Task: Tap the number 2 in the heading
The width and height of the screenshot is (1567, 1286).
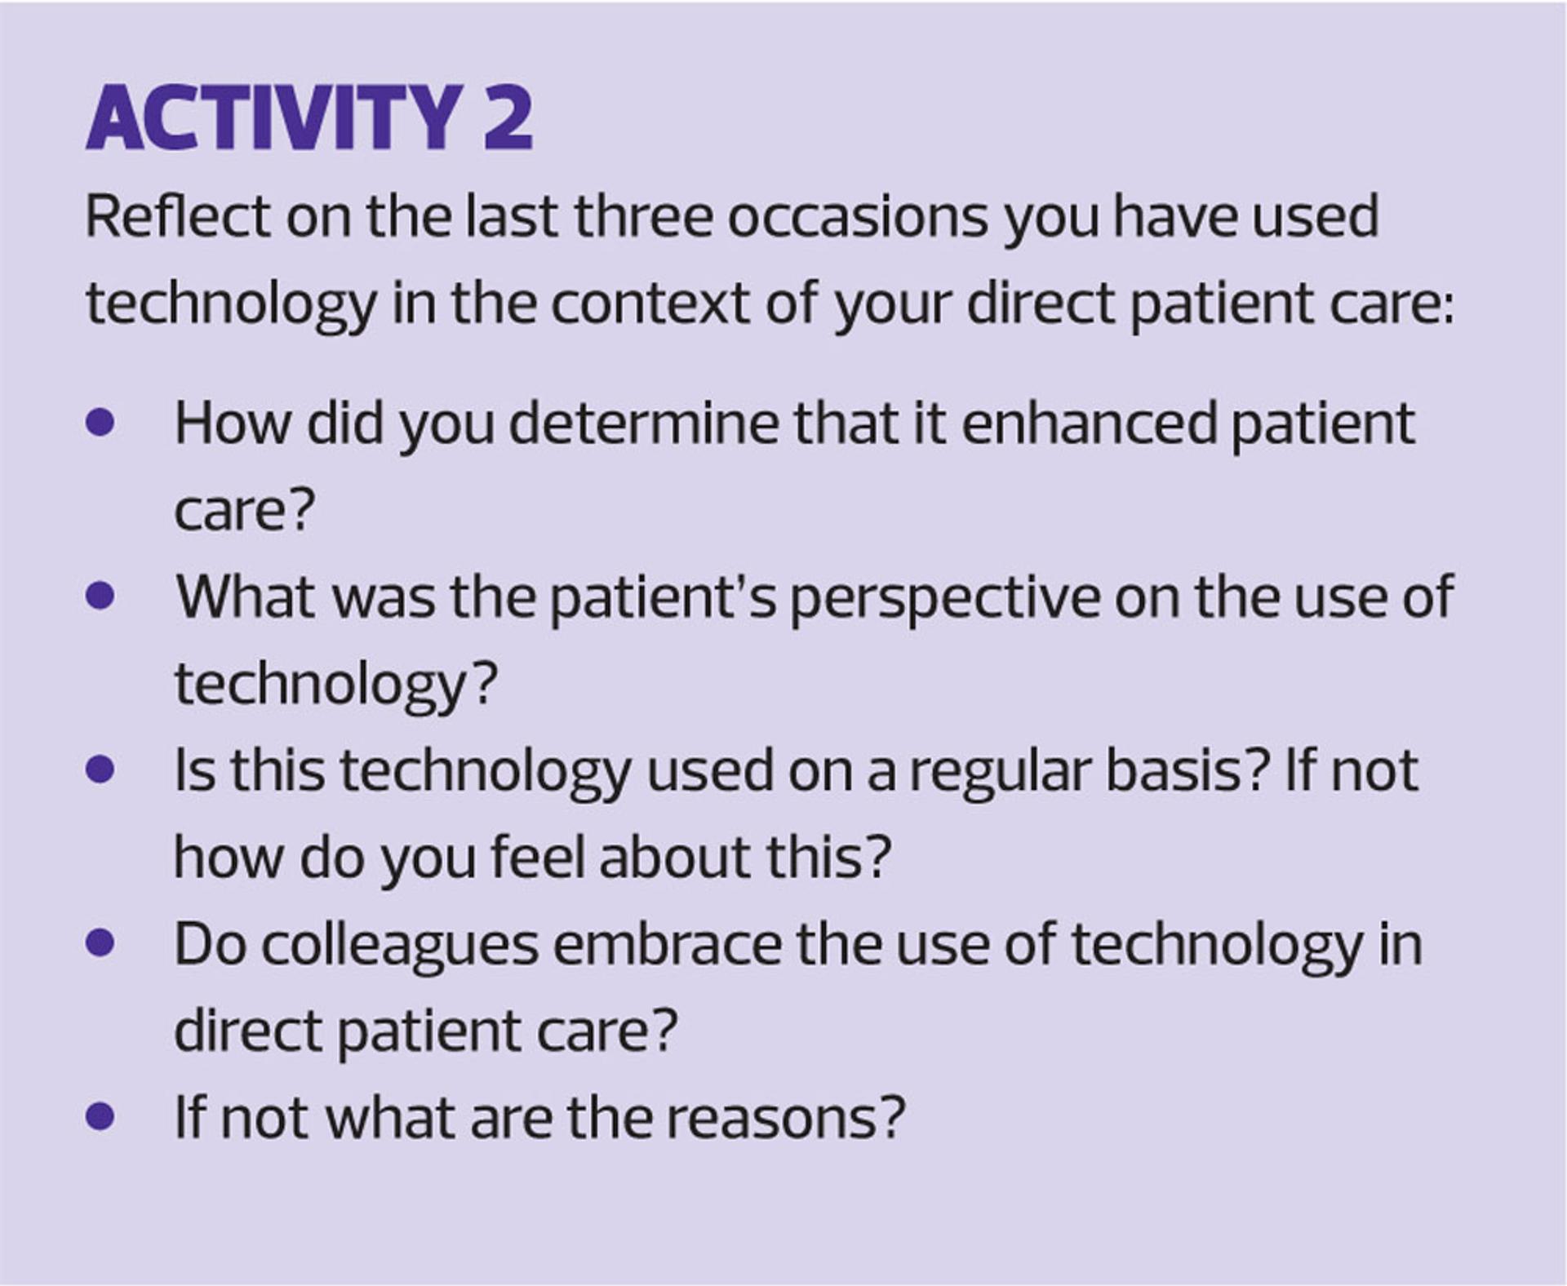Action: [x=508, y=118]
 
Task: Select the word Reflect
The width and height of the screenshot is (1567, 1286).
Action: [x=178, y=216]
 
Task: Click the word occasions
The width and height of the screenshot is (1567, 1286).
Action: [x=858, y=216]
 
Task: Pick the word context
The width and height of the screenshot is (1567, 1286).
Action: [x=649, y=304]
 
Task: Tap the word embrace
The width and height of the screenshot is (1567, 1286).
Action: [x=668, y=944]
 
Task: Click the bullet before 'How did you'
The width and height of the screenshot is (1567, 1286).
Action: [x=100, y=423]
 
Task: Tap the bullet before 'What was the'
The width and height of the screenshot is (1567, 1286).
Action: [x=100, y=596]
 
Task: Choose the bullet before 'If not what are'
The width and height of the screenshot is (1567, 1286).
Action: [x=100, y=1117]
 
